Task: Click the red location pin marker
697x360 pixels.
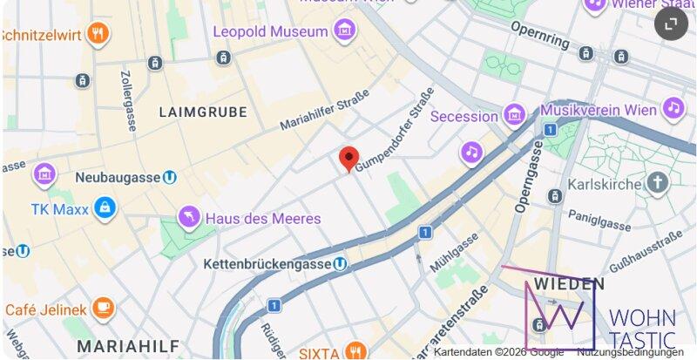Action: tap(348, 159)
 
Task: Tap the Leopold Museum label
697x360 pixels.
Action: tap(271, 31)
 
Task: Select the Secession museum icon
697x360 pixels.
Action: tap(514, 115)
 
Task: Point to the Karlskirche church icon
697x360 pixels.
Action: tap(657, 184)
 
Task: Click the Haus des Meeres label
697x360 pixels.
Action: tap(262, 218)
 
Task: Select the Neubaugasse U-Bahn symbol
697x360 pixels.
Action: tap(170, 177)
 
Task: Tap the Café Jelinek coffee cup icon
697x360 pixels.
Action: tap(104, 309)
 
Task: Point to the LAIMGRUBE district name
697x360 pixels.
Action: tap(203, 112)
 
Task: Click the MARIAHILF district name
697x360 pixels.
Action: tap(118, 343)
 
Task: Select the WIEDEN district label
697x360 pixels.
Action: tap(569, 284)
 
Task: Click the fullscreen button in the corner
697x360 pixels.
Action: tap(671, 24)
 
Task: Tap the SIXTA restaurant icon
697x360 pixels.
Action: tap(354, 351)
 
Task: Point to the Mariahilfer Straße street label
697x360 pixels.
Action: tap(324, 110)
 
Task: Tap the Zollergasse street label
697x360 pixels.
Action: tap(128, 97)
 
